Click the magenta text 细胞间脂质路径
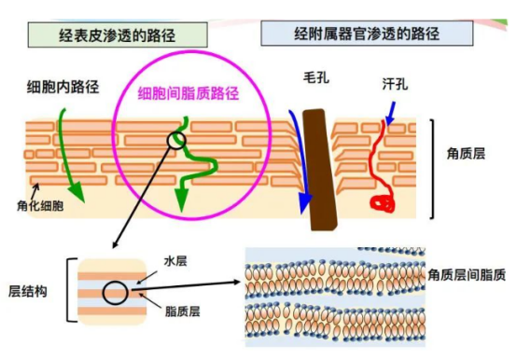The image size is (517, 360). coord(189,93)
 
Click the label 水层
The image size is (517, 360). coord(175,261)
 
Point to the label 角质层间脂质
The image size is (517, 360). coord(468,275)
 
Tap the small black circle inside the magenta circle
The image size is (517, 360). coord(177,141)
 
